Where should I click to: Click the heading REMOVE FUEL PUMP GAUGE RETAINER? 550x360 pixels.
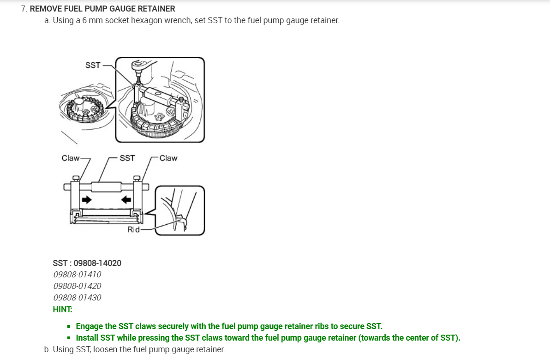(102, 9)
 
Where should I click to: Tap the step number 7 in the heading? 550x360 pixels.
(24, 9)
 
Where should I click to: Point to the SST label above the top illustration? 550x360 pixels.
(93, 65)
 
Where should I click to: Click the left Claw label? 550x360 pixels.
(71, 158)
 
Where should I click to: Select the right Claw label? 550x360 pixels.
(168, 158)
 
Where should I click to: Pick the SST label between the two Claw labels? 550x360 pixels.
(127, 158)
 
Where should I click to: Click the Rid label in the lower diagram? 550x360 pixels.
(133, 229)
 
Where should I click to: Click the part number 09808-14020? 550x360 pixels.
(97, 263)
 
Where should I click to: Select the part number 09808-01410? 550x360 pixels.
(77, 275)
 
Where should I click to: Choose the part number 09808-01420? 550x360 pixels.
(77, 286)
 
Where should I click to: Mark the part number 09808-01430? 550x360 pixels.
(77, 298)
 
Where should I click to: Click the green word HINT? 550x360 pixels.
(62, 309)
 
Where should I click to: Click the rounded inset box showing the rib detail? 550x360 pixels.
(179, 210)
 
